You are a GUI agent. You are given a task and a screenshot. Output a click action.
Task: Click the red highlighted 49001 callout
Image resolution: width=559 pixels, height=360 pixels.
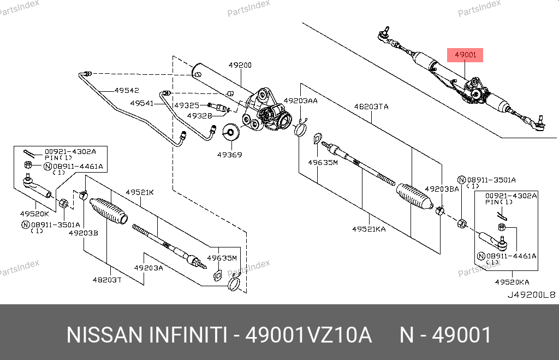(x=465, y=55)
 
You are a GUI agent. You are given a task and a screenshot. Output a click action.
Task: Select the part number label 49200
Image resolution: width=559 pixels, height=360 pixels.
(x=240, y=65)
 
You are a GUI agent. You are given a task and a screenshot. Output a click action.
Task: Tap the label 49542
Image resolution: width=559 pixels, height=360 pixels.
(x=127, y=91)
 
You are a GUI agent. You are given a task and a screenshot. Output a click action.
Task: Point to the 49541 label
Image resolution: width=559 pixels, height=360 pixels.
(x=142, y=103)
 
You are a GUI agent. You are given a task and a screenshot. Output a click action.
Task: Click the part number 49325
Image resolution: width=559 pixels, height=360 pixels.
(x=187, y=105)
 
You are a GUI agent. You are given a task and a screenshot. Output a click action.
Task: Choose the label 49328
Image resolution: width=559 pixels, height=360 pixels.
(x=199, y=116)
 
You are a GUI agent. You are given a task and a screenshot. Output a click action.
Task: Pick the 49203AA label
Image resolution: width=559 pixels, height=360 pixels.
(x=301, y=101)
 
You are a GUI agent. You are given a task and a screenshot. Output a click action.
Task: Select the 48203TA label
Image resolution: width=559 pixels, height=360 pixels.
(x=371, y=107)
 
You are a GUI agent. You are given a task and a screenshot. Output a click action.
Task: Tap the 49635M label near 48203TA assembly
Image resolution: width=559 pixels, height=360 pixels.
(x=323, y=162)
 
